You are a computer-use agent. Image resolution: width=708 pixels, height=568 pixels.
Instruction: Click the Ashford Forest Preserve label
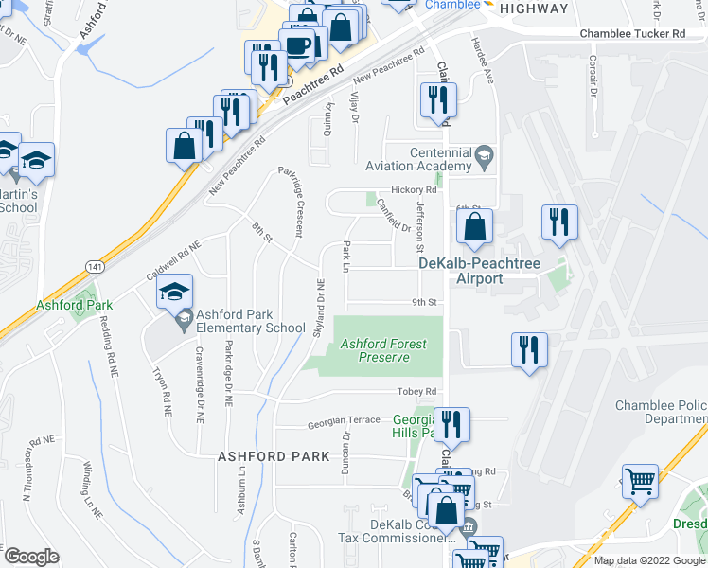pos(376,350)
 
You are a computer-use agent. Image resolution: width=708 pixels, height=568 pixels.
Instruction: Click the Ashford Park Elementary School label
pos(244,321)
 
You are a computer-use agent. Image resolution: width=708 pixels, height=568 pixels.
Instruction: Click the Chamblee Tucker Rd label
pos(631,34)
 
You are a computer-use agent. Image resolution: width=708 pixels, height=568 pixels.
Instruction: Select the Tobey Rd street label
pos(417,391)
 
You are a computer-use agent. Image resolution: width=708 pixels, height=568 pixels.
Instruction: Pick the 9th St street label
pos(422,303)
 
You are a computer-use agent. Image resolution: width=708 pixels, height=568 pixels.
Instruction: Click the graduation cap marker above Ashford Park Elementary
pos(175,293)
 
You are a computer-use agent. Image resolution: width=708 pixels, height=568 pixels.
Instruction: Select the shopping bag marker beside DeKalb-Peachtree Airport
pos(474,227)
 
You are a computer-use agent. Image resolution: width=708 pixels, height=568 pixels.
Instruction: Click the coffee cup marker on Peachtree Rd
pos(298,47)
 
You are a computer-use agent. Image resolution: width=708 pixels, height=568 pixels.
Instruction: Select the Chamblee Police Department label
pos(661,412)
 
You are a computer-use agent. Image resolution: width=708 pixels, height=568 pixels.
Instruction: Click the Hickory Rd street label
pos(416,189)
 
